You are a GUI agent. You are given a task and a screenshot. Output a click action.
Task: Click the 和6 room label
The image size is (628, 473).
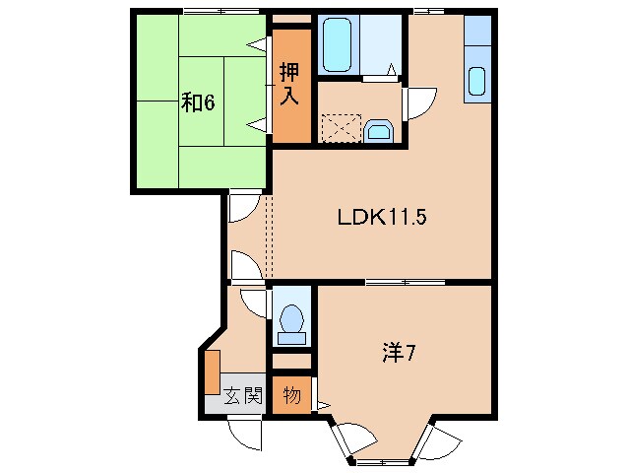(197, 101)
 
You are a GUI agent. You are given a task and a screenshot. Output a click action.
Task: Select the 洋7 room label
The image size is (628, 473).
(398, 352)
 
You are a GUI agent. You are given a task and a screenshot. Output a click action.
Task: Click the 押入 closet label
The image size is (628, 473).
(289, 84)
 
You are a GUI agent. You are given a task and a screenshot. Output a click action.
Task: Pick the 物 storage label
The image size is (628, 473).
(292, 396)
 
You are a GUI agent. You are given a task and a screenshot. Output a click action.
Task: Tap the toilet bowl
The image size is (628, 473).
(291, 321)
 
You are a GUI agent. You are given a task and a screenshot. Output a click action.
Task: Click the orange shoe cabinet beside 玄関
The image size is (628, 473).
(212, 372)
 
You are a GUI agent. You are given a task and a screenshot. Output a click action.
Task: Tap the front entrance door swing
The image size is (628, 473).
(242, 435)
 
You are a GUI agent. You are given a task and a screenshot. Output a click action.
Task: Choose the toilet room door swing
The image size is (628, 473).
(254, 301)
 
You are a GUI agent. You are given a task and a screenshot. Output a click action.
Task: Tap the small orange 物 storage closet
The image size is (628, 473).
(292, 396)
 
